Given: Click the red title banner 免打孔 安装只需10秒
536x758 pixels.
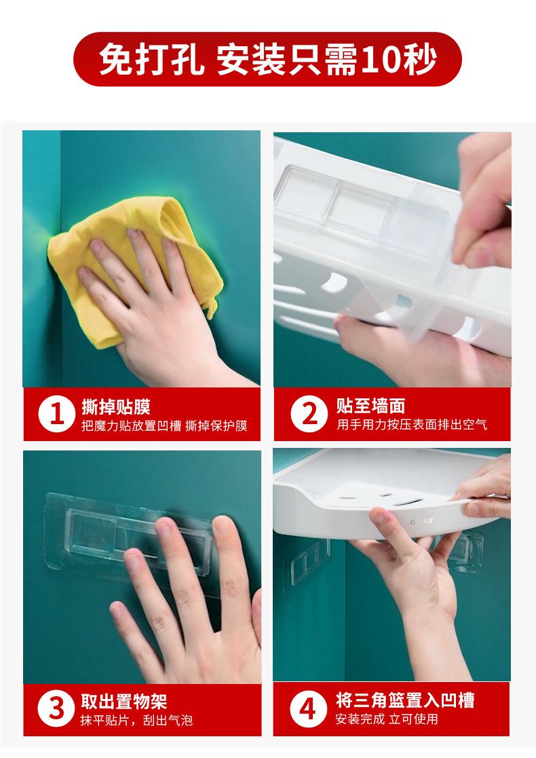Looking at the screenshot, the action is click(267, 60).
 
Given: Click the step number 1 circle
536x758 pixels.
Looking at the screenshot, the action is click(57, 414).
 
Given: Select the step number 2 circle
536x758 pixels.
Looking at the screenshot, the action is click(309, 414).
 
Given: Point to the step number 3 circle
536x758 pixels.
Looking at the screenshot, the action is click(56, 709).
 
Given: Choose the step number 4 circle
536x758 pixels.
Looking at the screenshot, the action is click(308, 708).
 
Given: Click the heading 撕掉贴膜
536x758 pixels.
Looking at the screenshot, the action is click(116, 407).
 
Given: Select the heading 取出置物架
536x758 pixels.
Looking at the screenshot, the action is click(123, 702).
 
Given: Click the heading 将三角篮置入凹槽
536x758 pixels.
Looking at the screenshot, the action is click(405, 700).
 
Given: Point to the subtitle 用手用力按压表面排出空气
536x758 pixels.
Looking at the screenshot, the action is click(412, 424).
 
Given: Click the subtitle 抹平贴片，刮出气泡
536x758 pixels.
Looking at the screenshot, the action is click(136, 720).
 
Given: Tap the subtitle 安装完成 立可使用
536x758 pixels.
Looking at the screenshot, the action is click(387, 719).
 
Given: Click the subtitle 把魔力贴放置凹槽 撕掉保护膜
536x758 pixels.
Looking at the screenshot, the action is click(164, 425).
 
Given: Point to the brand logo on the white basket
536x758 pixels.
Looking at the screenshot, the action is click(422, 521).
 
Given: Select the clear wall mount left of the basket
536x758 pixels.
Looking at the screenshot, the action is click(310, 561).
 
